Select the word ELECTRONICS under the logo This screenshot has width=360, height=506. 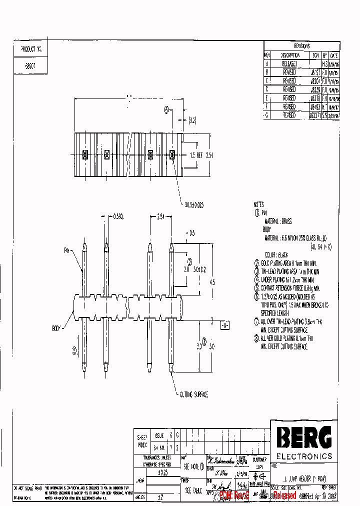(x=304, y=456)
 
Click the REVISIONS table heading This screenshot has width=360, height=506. (x=301, y=46)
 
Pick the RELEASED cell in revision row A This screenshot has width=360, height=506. (x=289, y=64)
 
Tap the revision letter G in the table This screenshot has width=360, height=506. (x=267, y=115)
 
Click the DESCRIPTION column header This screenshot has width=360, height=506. (x=289, y=55)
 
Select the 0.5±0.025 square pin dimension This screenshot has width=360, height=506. (x=195, y=204)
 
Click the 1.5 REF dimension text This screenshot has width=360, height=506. (x=196, y=155)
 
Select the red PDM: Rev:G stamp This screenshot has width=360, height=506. (x=234, y=495)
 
